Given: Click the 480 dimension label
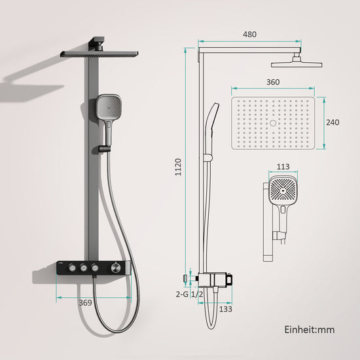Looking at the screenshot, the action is pos(249,35).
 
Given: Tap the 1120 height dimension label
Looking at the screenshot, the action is pos(179,167).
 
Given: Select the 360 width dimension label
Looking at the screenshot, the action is pos(273,82).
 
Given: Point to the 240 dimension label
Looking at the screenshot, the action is pos(333,122).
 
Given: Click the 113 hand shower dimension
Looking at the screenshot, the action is pos(283,167).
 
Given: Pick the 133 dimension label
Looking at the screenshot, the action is pos(226,309).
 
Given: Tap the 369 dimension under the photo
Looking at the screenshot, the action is pos(85,303).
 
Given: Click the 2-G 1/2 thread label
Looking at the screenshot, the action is pos(189,294).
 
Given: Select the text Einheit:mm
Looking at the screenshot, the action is pos(310,330).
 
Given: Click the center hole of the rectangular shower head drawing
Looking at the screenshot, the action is pos(273,123).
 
